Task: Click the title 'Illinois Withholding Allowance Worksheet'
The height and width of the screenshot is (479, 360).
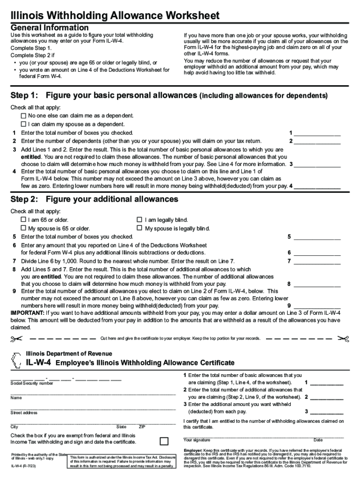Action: tap(115, 16)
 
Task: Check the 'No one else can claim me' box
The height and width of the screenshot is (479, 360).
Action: tap(23, 116)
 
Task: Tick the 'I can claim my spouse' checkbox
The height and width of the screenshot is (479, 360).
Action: tap(23, 124)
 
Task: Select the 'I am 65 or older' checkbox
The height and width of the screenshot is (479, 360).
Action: tap(23, 220)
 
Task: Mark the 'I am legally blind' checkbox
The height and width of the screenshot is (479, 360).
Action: tap(139, 220)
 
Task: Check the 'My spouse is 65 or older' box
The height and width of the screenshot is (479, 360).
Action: tap(23, 229)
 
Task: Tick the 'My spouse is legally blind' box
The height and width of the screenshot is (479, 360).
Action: tap(139, 229)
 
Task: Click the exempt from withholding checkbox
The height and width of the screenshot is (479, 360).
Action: tap(164, 442)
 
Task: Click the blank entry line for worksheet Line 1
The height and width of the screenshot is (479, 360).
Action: tap(317, 134)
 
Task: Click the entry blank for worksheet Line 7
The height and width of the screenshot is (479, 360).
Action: tap(317, 262)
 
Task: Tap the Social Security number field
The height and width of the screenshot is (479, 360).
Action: tap(65, 378)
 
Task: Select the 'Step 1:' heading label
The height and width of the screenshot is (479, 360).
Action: tap(24, 96)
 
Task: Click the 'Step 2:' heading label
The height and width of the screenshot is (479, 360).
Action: tap(24, 200)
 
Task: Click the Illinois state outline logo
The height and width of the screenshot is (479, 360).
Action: tap(17, 360)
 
